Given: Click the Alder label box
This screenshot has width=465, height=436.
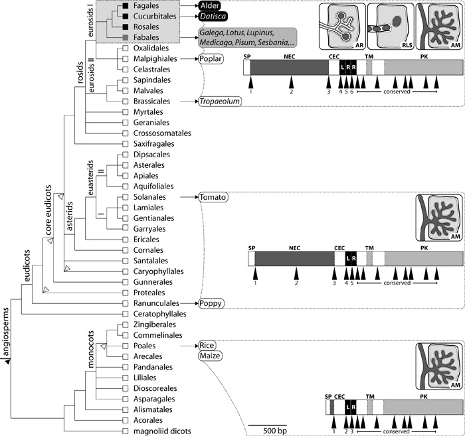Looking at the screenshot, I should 214,6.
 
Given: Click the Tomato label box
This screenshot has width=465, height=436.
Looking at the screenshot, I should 214,197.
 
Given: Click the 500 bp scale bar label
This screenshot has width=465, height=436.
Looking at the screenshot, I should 267,431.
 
